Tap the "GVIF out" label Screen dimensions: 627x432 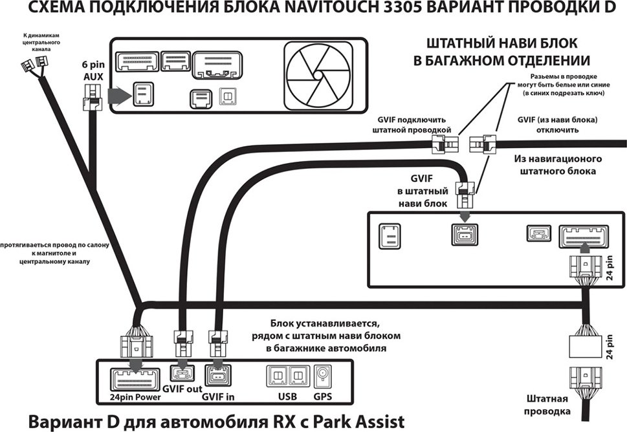pyautogui.click(x=182, y=389)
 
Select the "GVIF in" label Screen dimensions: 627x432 pyautogui.click(x=218, y=397)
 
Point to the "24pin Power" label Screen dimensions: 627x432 pyautogui.click(x=135, y=397)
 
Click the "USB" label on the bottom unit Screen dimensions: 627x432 pyautogui.click(x=287, y=396)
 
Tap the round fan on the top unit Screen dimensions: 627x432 pyautogui.click(x=318, y=75)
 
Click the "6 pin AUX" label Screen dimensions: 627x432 pyautogui.click(x=93, y=70)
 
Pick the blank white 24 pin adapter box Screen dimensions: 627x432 pyautogui.click(x=585, y=347)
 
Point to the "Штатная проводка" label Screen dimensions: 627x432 pyautogui.click(x=547, y=405)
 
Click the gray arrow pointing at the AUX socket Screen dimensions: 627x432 pyautogui.click(x=120, y=96)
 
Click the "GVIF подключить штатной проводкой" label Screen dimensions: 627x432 pyautogui.click(x=412, y=125)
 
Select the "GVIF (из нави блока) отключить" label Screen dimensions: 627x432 pyautogui.click(x=557, y=125)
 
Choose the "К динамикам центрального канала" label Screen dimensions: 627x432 pyautogui.click(x=41, y=42)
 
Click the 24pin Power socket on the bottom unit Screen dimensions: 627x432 pyautogui.click(x=135, y=380)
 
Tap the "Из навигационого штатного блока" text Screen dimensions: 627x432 pyautogui.click(x=557, y=165)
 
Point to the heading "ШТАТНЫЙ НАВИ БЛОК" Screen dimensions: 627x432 pyautogui.click(x=502, y=43)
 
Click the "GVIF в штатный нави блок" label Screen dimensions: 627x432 pyautogui.click(x=423, y=191)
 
